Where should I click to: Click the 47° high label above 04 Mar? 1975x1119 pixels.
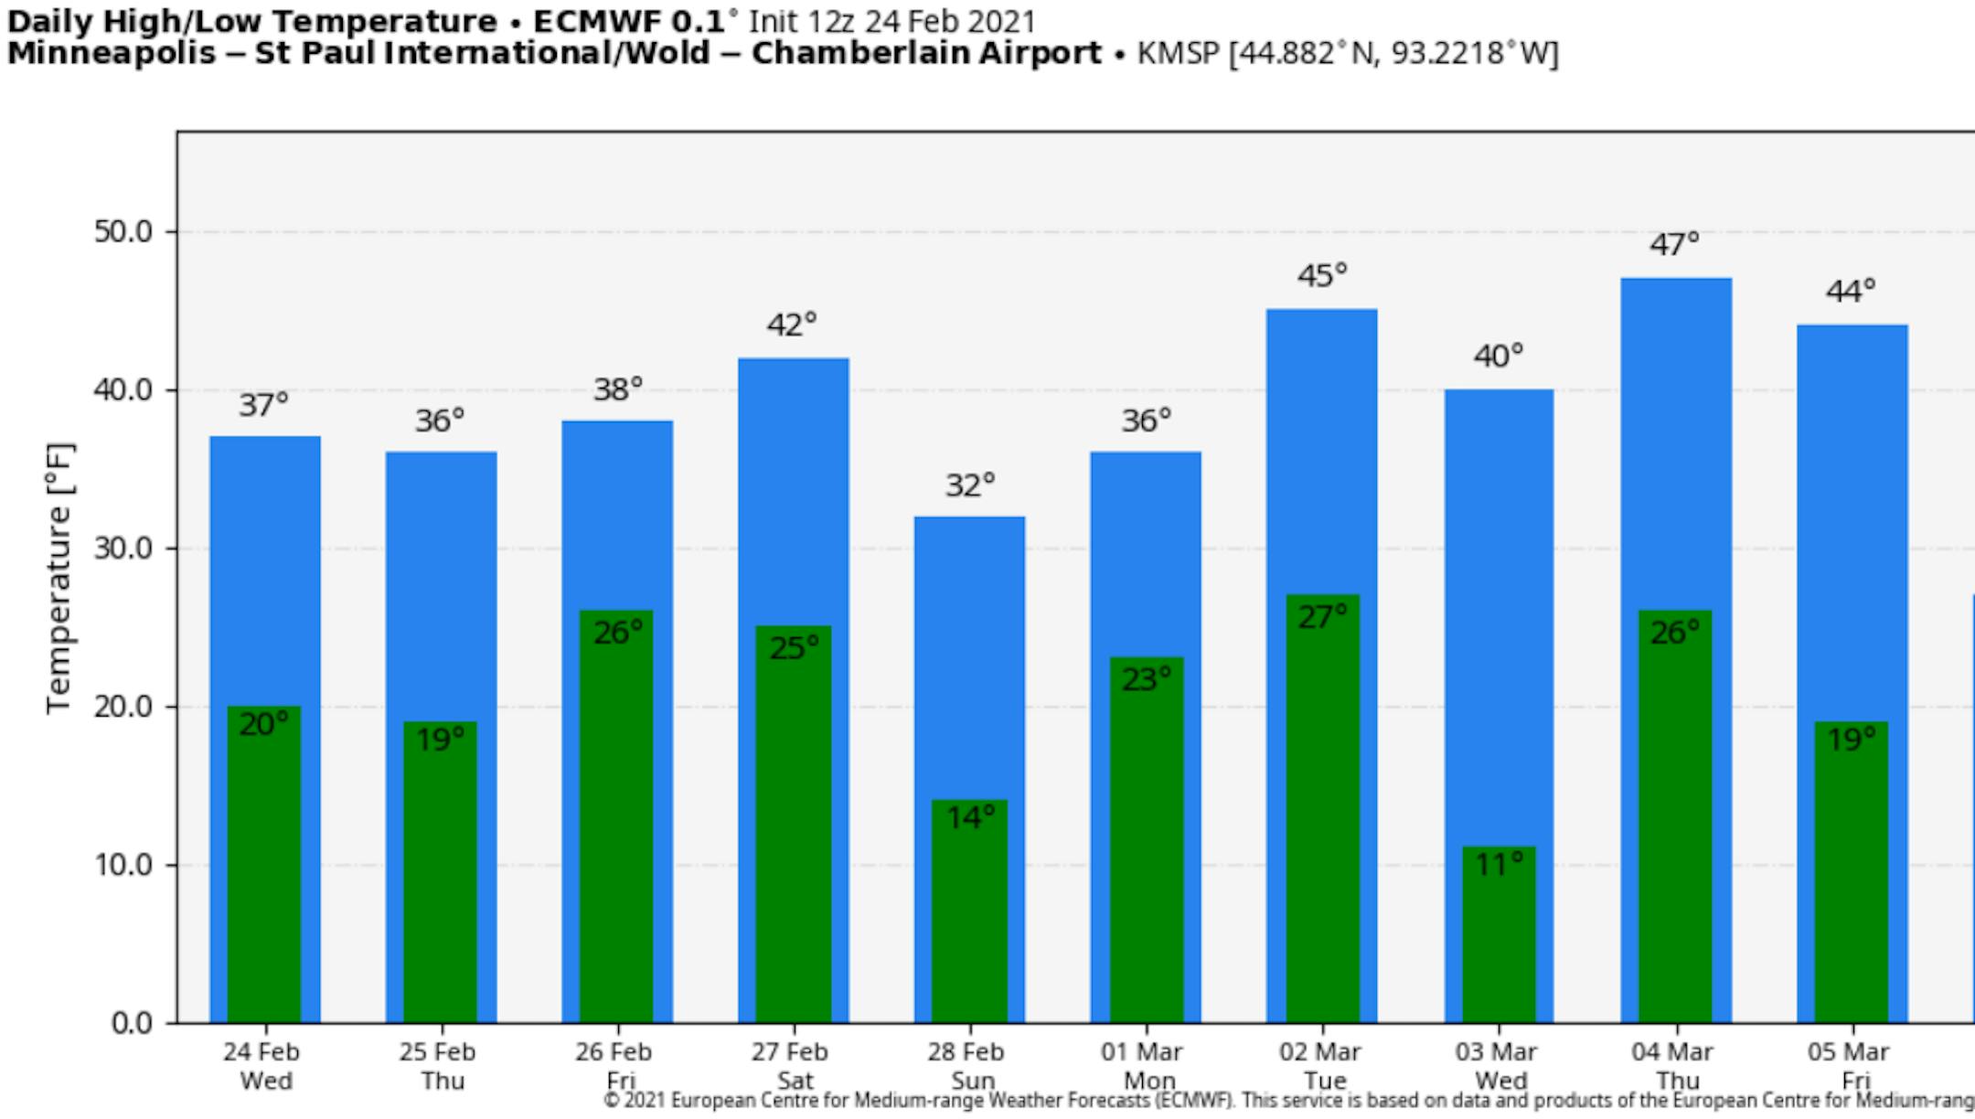(x=1674, y=245)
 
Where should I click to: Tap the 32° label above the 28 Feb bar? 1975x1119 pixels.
(x=969, y=485)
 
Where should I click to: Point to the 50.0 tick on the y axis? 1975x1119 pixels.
(x=123, y=232)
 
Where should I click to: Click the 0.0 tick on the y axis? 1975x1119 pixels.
(x=132, y=1023)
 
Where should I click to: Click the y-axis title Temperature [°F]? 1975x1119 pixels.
(x=59, y=578)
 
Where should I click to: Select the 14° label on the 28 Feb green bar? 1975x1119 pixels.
(x=969, y=817)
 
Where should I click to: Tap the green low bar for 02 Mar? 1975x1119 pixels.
(x=1322, y=823)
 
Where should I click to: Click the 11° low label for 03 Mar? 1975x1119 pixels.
(x=1499, y=864)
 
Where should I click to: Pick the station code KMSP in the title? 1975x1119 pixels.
(x=1178, y=54)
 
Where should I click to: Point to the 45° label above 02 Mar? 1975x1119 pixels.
(x=1322, y=275)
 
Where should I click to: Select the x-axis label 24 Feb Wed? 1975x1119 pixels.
(x=263, y=1066)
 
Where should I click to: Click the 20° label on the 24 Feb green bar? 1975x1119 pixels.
(x=263, y=725)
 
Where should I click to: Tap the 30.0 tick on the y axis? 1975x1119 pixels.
(x=123, y=549)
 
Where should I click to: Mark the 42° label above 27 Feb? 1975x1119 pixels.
(x=792, y=325)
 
